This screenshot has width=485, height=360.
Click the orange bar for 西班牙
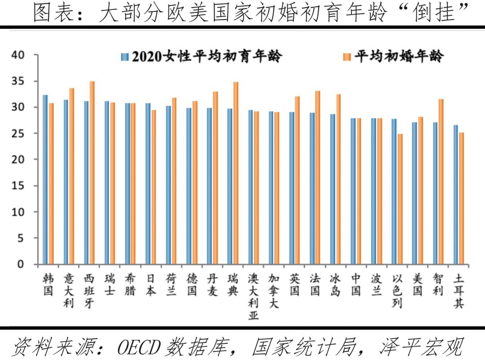(92, 173)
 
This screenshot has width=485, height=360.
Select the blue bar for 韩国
(45, 180)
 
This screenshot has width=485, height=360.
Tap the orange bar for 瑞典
(235, 173)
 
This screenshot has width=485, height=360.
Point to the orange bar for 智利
(441, 181)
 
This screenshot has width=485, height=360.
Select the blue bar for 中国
(353, 191)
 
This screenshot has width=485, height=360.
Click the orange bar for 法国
(317, 177)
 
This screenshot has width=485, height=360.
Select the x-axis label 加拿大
(274, 291)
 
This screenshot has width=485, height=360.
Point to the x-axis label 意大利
(68, 291)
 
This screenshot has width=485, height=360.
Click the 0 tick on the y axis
(20, 264)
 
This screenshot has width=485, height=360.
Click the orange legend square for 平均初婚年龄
(346, 57)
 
